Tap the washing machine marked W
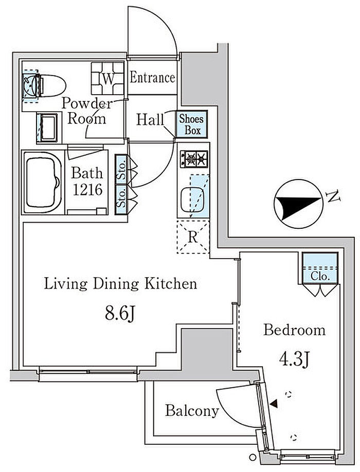[107, 79]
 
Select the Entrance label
[152, 78]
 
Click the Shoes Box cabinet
[192, 124]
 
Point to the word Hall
[150, 119]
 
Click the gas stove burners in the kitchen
[194, 159]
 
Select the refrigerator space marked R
[193, 237]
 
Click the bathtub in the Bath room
[43, 183]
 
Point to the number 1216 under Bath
[87, 190]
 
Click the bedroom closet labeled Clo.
[320, 268]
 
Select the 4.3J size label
[294, 359]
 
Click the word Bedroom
[294, 330]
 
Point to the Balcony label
[192, 411]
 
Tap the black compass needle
[298, 206]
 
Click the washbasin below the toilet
[47, 128]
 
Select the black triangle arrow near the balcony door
[274, 404]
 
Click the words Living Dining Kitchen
[120, 284]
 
